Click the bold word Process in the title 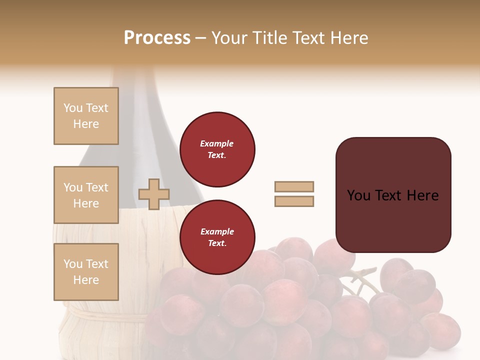[157, 38]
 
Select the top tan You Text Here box [86, 116]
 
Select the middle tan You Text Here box [86, 195]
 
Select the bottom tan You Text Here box [86, 272]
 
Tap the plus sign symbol [154, 194]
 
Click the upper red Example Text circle [217, 149]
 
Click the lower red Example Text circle [217, 237]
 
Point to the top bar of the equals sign [294, 186]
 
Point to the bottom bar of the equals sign [294, 201]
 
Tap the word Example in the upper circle [217, 143]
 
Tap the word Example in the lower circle [217, 231]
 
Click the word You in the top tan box [72, 108]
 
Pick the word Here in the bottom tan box [86, 280]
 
